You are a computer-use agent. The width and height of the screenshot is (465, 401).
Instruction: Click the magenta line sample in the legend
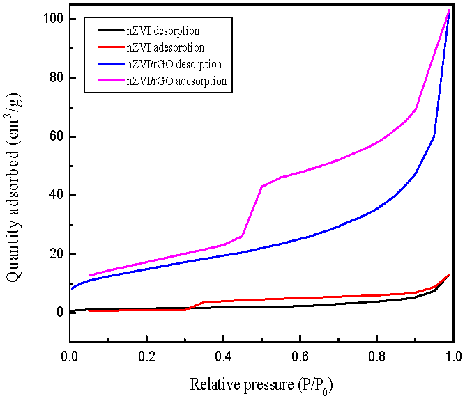[105, 81]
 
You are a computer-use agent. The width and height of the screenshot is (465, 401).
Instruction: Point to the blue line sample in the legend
[105, 65]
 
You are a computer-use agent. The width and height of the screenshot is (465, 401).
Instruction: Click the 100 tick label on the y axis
[52, 19]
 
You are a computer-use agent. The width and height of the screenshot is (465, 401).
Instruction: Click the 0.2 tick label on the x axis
[146, 356]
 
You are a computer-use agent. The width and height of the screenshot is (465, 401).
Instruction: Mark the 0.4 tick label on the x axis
[222, 356]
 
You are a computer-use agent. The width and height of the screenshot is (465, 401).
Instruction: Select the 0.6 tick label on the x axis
[299, 356]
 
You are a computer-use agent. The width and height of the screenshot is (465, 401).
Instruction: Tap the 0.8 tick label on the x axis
[376, 356]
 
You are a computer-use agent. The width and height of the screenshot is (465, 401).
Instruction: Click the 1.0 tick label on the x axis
[452, 356]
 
